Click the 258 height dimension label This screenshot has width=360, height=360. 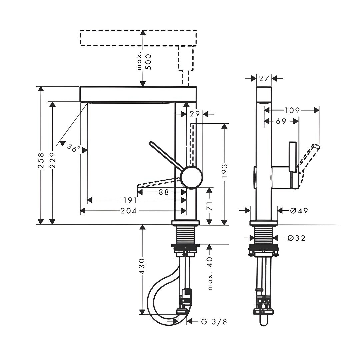click(41, 160)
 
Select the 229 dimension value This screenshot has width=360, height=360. click(53, 160)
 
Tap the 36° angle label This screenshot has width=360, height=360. click(74, 147)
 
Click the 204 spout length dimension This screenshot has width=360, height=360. click(129, 211)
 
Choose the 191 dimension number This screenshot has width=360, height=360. click(130, 200)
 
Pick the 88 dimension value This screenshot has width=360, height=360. click(164, 192)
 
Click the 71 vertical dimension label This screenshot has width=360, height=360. click(209, 206)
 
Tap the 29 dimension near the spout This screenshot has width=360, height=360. click(195, 113)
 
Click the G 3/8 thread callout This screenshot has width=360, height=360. click(214, 322)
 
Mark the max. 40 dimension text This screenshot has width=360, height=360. click(210, 273)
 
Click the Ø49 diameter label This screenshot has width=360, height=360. click(299, 210)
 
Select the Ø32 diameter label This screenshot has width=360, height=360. click(296, 238)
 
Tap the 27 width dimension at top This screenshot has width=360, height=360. click(264, 79)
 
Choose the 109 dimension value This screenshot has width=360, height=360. click(292, 110)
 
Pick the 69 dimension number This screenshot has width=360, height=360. click(281, 121)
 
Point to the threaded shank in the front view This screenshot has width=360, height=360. click(186, 234)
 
